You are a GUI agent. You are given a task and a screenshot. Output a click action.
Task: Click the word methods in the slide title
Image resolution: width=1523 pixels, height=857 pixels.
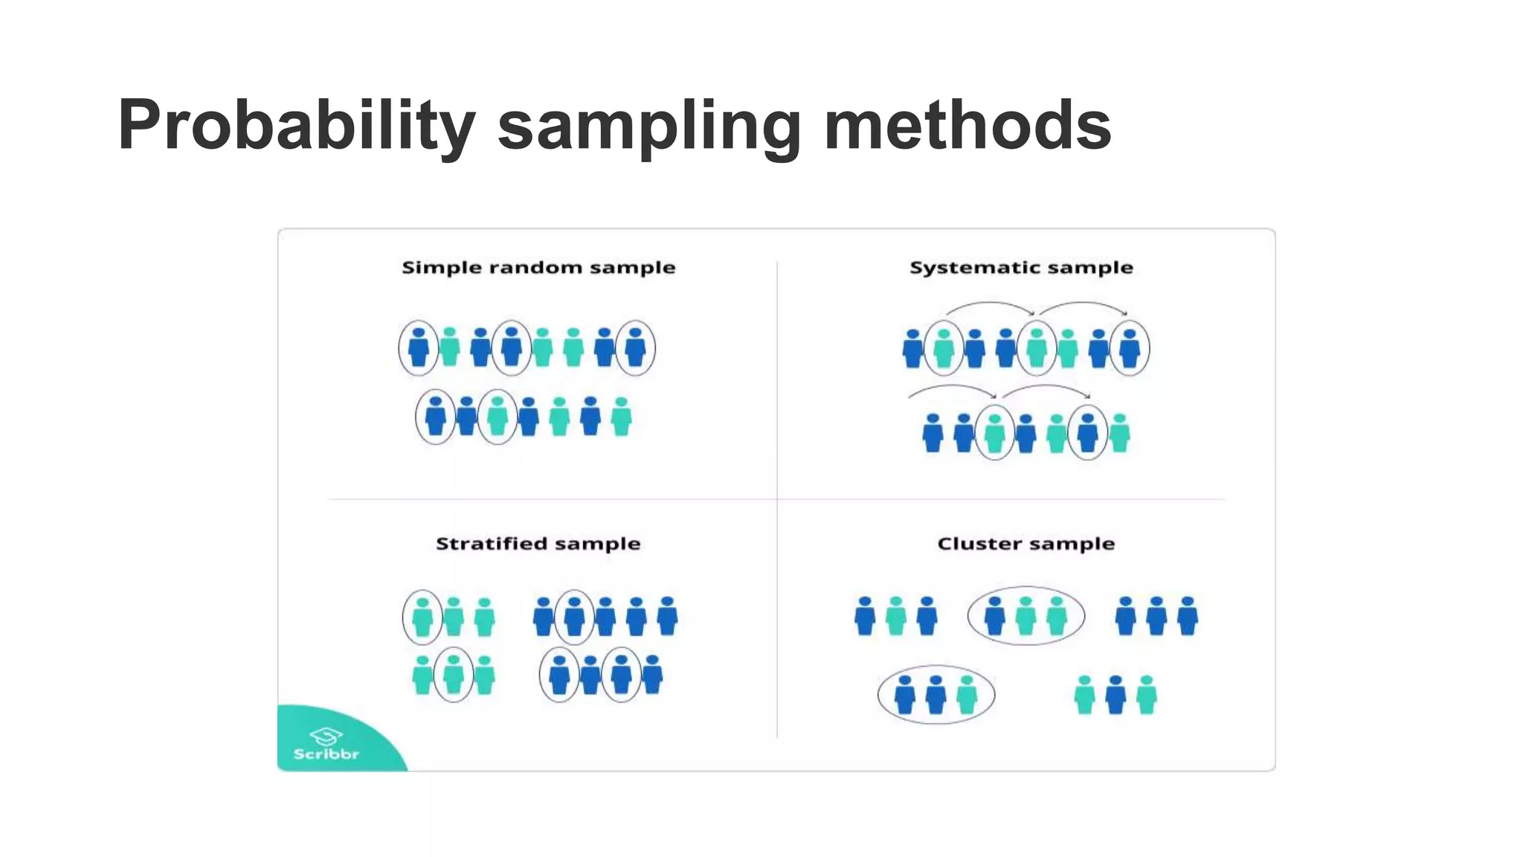(x=967, y=125)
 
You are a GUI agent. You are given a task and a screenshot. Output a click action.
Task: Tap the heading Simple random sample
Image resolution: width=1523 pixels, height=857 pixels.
(x=538, y=268)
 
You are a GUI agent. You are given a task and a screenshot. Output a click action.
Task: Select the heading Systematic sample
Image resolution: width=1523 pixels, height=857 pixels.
(x=1021, y=268)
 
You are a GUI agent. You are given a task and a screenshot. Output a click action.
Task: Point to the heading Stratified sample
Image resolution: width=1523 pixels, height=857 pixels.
(x=538, y=544)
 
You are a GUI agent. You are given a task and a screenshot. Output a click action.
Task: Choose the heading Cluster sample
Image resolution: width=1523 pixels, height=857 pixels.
(x=1025, y=544)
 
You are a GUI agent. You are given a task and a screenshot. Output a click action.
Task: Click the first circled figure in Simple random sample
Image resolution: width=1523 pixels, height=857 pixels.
(x=419, y=348)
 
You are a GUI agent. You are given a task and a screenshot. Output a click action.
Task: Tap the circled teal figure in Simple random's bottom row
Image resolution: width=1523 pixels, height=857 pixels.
(x=498, y=417)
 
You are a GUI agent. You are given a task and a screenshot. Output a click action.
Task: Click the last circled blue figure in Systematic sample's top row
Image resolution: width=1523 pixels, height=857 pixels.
(x=1130, y=348)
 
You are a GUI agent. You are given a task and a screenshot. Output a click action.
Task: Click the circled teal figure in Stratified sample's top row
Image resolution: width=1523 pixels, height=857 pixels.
(x=422, y=617)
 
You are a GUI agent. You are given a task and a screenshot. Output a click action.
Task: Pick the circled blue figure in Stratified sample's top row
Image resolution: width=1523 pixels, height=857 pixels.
(x=574, y=617)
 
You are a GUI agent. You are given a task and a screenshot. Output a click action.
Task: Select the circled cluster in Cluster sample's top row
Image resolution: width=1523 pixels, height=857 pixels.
(x=1025, y=616)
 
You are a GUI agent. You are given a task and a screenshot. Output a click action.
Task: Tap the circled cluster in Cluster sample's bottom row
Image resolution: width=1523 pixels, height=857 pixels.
(x=936, y=695)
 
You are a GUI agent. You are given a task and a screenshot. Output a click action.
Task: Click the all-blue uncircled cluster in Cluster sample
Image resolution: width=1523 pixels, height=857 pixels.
(x=1156, y=616)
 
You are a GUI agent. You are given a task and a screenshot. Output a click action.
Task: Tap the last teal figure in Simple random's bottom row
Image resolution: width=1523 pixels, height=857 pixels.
(x=622, y=417)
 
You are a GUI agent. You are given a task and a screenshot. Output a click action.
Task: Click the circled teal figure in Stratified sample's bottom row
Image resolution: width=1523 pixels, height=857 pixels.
(x=454, y=675)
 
